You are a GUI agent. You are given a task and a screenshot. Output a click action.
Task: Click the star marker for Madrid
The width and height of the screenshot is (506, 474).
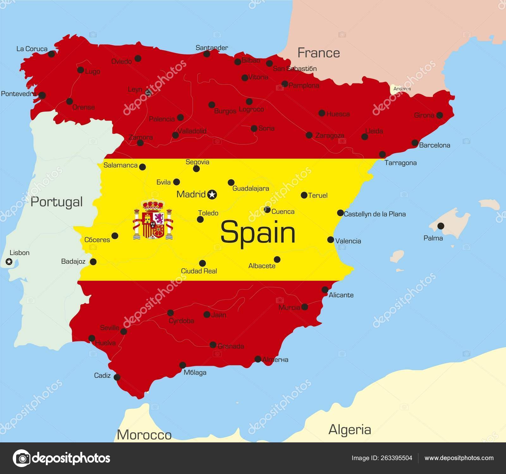pyautogui.click(x=212, y=194)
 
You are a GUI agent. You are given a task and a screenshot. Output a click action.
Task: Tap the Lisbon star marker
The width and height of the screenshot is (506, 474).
pyautogui.click(x=9, y=262)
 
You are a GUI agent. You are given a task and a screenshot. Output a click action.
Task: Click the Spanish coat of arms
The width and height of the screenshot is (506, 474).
pyautogui.click(x=153, y=219)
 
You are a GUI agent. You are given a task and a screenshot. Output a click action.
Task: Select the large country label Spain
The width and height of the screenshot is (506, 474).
pyautogui.click(x=258, y=232)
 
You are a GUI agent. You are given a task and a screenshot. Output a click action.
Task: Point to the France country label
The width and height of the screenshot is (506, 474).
pyautogui.click(x=318, y=52)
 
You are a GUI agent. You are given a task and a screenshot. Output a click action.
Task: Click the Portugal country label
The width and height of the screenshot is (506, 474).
pyautogui.click(x=57, y=202)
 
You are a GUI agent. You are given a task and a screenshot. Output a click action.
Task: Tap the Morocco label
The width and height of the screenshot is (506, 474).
pyautogui.click(x=144, y=435)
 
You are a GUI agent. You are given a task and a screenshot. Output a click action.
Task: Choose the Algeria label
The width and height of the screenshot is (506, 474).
pyautogui.click(x=349, y=429)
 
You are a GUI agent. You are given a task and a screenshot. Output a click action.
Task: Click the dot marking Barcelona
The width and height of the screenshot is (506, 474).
pyautogui.click(x=415, y=143)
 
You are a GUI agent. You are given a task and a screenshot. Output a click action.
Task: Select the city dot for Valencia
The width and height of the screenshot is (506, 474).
pyautogui.click(x=330, y=240)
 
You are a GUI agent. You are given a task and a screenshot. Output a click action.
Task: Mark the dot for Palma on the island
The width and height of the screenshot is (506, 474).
pyautogui.click(x=441, y=226)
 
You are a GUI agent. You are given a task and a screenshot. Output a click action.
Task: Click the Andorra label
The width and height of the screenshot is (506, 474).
pyautogui.click(x=402, y=89)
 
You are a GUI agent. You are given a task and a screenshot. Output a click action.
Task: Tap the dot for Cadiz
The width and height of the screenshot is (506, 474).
pyautogui.click(x=117, y=377)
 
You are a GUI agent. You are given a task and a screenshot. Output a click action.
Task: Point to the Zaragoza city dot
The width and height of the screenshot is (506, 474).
pyautogui.click(x=309, y=135)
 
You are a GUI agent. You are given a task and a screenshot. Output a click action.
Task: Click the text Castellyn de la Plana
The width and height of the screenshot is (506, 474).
pyautogui.click(x=374, y=214)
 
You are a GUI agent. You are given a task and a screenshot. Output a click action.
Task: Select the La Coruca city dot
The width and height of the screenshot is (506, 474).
pyautogui.click(x=51, y=54)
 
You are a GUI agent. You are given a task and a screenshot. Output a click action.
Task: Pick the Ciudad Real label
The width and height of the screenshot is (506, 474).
pyautogui.click(x=199, y=271)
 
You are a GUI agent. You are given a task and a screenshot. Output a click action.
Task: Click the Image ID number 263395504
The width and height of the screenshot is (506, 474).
pyautogui.click(x=397, y=458)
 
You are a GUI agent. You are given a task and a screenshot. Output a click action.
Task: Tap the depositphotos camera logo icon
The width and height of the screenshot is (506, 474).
pyautogui.click(x=21, y=458)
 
